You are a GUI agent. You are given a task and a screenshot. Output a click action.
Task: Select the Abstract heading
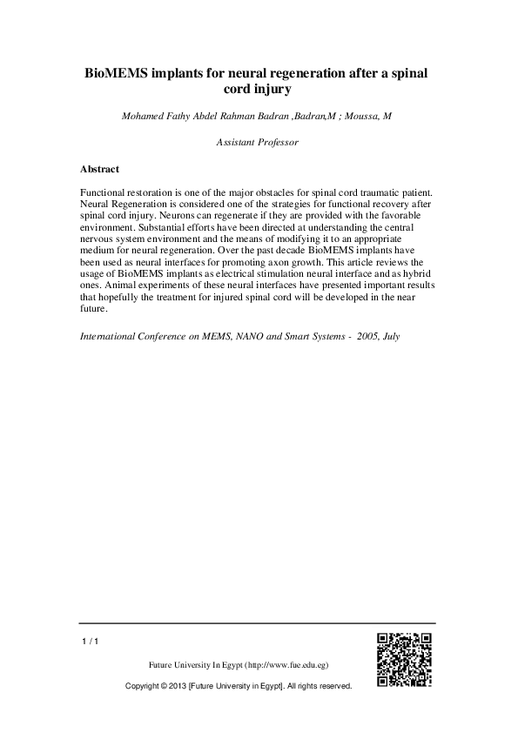tap(99, 169)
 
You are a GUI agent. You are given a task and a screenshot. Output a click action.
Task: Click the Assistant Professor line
tap(258, 141)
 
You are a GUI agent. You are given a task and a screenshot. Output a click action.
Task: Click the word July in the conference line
tap(390, 335)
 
